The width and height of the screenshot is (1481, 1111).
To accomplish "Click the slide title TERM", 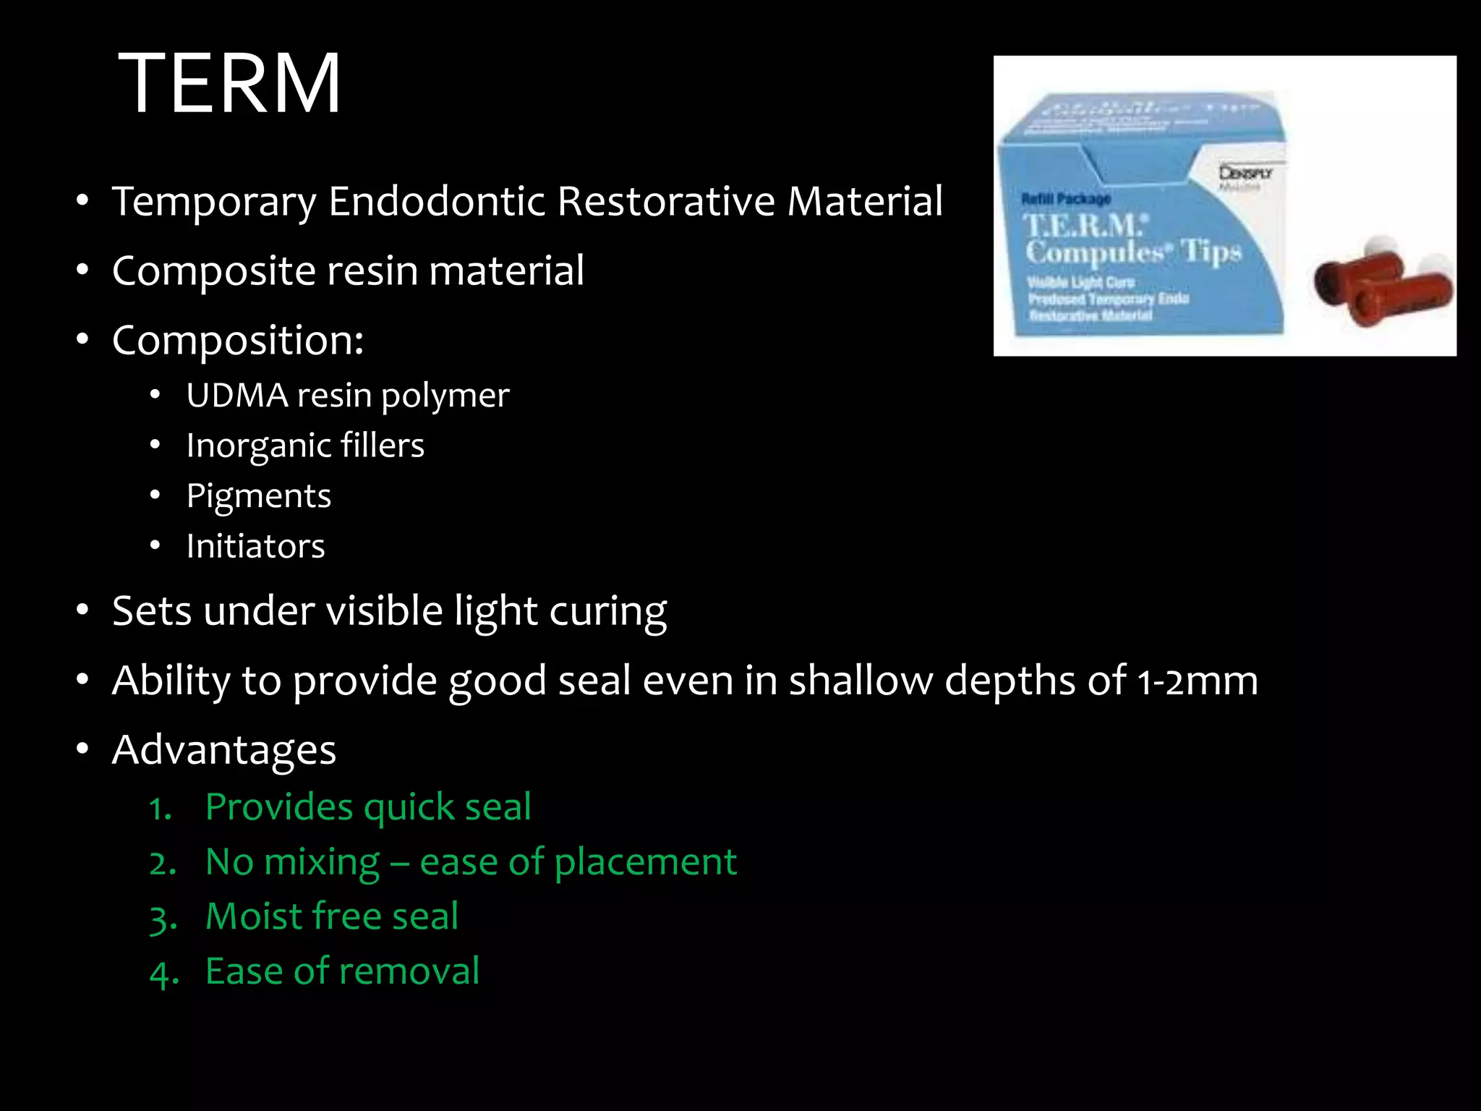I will tap(229, 83).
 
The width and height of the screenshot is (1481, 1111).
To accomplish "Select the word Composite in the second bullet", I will tap(214, 271).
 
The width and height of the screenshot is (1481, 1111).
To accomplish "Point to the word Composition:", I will tap(238, 341).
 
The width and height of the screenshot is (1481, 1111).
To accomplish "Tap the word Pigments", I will tap(258, 496).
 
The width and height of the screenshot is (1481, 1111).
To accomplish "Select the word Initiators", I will tap(255, 546).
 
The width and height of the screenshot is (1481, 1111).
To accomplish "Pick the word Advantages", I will tap(224, 750).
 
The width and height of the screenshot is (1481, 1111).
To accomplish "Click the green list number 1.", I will tap(160, 809).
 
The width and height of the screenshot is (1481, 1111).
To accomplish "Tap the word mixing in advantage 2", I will tap(320, 863).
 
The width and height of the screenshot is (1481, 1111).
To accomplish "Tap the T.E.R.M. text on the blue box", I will tap(1083, 226).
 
